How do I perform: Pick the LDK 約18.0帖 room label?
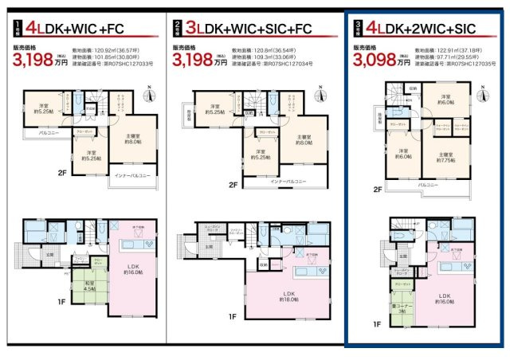(288, 296)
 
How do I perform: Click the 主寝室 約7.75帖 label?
(447, 157)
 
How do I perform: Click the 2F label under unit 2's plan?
(233, 185)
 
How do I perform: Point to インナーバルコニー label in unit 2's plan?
(289, 182)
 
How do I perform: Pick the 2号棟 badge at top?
(177, 29)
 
